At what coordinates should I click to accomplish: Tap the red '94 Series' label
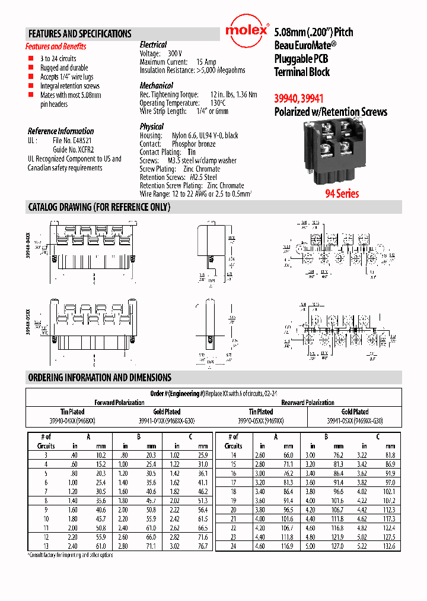point(341,194)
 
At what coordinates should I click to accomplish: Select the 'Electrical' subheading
point(153,45)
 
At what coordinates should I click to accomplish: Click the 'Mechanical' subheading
point(157,86)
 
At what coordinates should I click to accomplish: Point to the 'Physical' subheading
point(151,126)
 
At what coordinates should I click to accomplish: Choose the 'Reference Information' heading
point(60,131)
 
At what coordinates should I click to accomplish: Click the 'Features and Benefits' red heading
point(56,46)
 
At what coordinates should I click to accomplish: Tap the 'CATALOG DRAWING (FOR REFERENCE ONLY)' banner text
point(99,207)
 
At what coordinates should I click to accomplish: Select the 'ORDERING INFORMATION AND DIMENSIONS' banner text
point(100,377)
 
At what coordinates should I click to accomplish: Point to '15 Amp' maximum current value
point(206,62)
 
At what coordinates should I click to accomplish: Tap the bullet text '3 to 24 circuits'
point(58,59)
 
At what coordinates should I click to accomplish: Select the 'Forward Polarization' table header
point(119,403)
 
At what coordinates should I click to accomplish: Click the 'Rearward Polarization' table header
point(308,403)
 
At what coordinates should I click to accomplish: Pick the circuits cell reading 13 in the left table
point(46,546)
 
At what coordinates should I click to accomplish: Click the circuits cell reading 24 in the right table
point(233,546)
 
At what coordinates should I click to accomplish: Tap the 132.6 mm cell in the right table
point(390,546)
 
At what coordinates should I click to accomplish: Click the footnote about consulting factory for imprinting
point(71,555)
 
